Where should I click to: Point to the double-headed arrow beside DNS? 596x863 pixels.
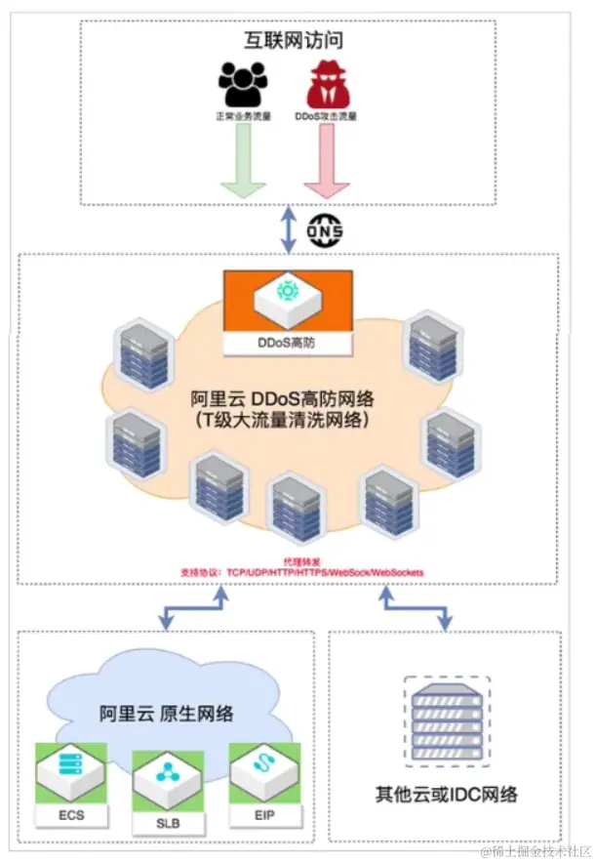coord(286,229)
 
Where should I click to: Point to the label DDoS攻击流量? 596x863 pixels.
coord(327,115)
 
